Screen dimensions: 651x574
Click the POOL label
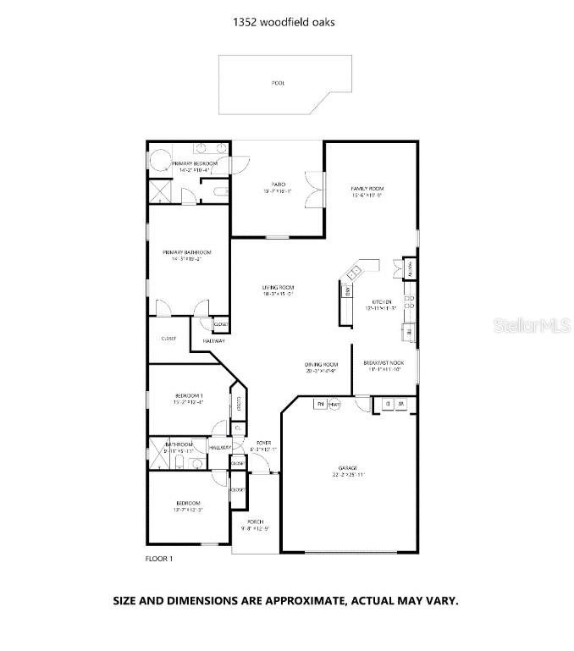coord(278,83)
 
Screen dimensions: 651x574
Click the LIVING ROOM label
coord(278,288)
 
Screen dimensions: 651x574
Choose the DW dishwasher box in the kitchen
coord(347,292)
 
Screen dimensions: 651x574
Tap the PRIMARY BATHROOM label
coord(187,252)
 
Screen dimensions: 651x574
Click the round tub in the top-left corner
coord(161,162)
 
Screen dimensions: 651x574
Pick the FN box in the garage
coord(320,404)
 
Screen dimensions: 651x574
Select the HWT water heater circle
coord(335,404)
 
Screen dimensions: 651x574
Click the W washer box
coord(400,404)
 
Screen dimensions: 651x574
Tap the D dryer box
coord(386,404)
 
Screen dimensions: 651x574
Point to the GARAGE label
coord(349,468)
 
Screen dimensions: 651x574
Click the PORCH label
coord(256,521)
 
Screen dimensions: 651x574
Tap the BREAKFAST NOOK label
coord(382,363)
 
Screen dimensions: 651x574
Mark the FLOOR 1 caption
coord(159,559)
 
